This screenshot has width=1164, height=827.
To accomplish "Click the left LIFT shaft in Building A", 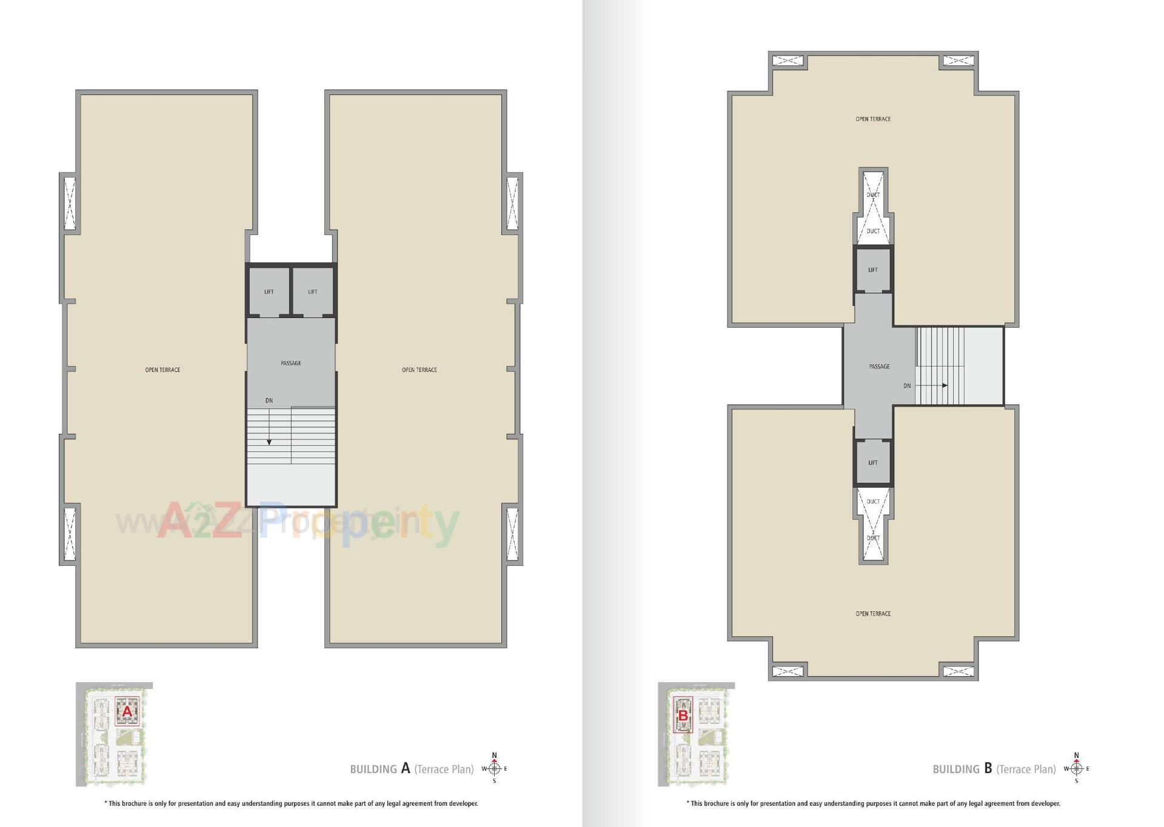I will click(x=269, y=291).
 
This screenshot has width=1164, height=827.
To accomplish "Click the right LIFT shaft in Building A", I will click(x=313, y=291).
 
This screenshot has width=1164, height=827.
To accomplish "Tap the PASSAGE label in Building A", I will click(x=291, y=363).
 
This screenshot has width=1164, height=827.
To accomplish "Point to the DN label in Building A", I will click(x=269, y=400).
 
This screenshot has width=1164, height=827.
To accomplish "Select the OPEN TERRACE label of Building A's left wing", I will click(x=162, y=370).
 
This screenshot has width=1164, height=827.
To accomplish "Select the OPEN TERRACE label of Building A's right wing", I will click(x=420, y=370).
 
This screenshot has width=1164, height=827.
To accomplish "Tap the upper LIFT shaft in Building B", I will click(x=873, y=270).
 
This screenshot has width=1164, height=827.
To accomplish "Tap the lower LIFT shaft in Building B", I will click(x=873, y=463).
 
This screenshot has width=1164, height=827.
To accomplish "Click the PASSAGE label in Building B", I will click(x=880, y=367).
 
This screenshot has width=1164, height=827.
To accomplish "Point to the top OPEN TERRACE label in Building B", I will click(x=873, y=119).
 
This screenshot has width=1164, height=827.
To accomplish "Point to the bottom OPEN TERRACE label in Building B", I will click(x=873, y=614).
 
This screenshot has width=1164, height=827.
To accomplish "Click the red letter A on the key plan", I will click(x=127, y=712).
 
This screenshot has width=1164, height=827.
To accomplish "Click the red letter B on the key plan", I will click(x=683, y=716).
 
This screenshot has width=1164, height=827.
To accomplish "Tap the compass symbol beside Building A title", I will click(x=494, y=769).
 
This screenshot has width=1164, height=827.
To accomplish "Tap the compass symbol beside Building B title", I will click(x=1077, y=769).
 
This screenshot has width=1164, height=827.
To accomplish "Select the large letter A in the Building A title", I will click(x=406, y=768).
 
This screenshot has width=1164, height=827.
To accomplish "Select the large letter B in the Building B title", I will click(x=988, y=768).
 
